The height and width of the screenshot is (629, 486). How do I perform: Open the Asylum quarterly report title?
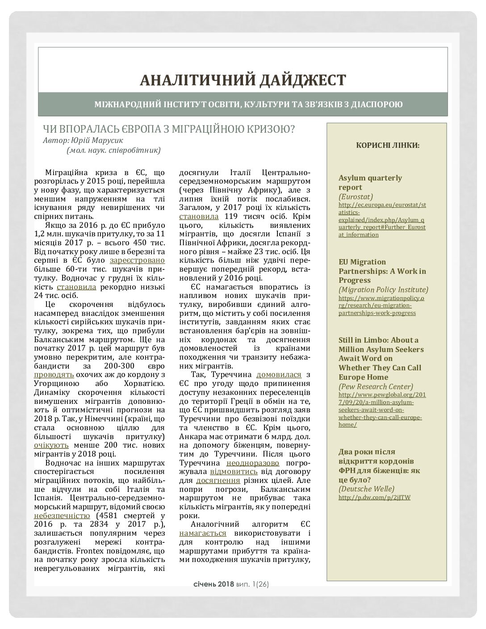click(370, 182)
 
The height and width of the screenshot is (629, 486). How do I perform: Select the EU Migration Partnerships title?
click(382, 271)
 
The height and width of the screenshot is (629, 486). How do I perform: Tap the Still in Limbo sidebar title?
click(381, 358)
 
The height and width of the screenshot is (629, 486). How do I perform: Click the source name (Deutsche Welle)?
click(367, 488)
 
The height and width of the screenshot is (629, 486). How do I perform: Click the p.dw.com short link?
click(374, 497)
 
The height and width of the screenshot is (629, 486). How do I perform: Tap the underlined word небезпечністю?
click(62, 516)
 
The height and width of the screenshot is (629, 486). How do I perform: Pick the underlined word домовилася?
click(279, 374)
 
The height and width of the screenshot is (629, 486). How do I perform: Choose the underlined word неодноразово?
click(253, 463)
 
